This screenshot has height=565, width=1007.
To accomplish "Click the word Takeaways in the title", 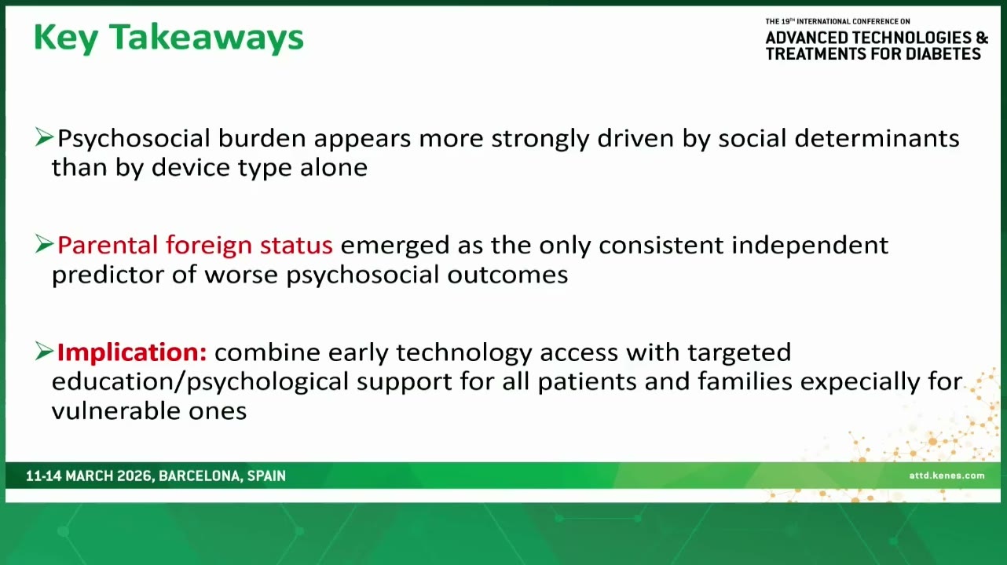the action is (207, 38).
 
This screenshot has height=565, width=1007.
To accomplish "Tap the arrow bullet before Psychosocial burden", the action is (44, 137).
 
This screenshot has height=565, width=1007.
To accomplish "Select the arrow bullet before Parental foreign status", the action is (44, 244).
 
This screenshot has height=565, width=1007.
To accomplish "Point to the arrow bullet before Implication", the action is (44, 351).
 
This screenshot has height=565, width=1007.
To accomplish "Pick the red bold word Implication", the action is (132, 352).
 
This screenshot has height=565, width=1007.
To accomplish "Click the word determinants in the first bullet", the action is (877, 138).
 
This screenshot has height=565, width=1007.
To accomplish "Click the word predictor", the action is (108, 275).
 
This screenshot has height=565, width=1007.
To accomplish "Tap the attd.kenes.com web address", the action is (947, 476).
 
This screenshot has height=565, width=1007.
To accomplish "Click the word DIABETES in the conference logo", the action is (943, 54).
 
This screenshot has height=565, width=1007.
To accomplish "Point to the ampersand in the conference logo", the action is (982, 38).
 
